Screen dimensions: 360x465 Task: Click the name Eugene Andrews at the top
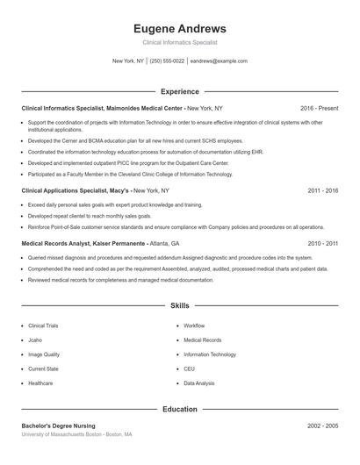pos(180,28)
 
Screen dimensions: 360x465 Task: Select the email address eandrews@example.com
pos(219,61)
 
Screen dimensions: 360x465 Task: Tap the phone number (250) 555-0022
pos(167,61)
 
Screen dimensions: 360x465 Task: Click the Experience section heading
pos(180,91)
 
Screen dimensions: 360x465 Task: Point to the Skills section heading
pos(180,306)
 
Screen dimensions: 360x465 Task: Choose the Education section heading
pos(180,409)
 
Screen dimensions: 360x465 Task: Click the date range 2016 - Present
pos(319,108)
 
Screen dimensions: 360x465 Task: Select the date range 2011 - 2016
pos(323,190)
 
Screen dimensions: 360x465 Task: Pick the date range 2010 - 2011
pos(323,243)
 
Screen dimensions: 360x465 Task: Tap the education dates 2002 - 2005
pos(323,426)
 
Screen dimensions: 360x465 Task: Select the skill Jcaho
pos(36,340)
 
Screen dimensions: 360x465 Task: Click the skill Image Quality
pos(44,354)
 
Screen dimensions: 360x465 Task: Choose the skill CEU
pos(189,368)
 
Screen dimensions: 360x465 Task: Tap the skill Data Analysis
pos(199,383)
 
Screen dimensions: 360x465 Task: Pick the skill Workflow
pos(194,325)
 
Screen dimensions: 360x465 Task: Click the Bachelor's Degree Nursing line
pos(59,426)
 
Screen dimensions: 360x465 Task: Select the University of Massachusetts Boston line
pos(77,434)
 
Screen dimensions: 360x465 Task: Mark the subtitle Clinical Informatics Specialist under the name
pos(180,42)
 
